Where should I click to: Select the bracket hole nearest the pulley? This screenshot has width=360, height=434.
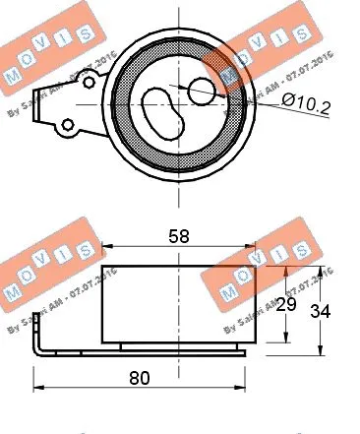click(69, 125)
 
